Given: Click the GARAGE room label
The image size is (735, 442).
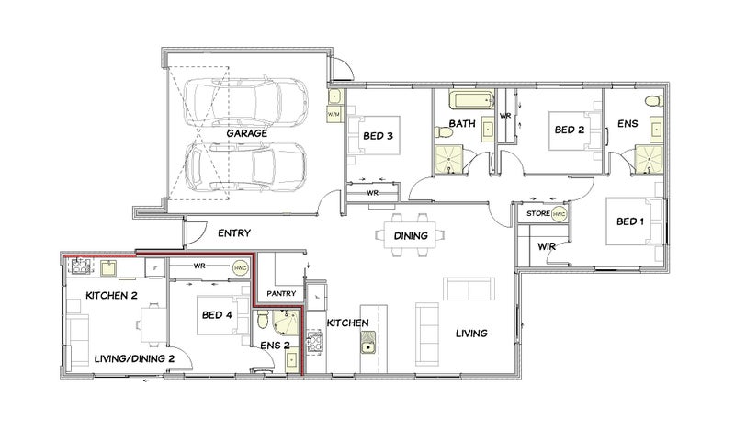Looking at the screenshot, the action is coord(247,133).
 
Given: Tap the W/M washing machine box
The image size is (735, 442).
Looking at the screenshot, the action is coord(334,114).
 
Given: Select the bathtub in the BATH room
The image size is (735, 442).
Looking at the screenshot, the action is coord(472,100).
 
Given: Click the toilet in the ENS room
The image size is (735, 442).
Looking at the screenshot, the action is coord(654,101).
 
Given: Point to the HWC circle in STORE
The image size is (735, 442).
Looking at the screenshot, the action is coord(560,214).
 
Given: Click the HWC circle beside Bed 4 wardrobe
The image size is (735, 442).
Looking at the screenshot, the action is coord(241,268).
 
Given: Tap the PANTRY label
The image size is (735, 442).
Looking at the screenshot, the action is coord(281,293).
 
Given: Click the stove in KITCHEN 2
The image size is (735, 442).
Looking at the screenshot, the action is coord(80,266).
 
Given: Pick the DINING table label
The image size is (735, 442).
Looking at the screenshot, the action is coord(411,236).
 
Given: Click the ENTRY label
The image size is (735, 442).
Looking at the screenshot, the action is coord(234,233).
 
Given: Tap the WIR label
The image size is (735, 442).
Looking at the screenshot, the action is coord(547,246).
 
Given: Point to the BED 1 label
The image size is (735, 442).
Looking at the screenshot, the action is coord(630,221).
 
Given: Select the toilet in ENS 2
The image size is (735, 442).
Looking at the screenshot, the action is coord(263,320).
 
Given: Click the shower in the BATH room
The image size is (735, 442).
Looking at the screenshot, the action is coord(449,159).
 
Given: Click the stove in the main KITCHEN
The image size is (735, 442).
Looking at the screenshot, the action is coord(314,342).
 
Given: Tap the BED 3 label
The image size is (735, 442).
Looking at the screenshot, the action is coord(378,136).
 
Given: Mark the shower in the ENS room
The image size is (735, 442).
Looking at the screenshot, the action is coord(650,159).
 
